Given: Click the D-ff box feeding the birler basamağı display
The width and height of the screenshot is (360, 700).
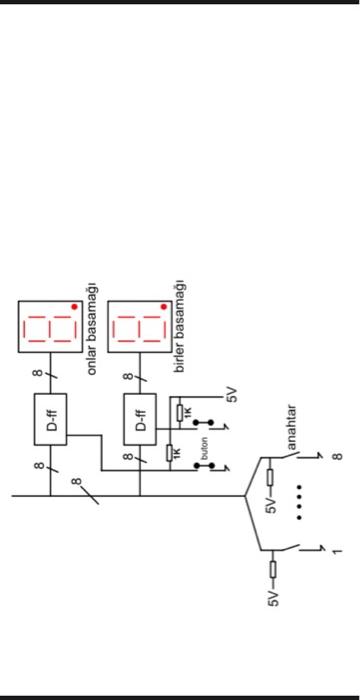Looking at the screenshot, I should (139, 413).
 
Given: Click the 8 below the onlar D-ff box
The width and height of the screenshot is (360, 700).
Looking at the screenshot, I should (37, 466).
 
